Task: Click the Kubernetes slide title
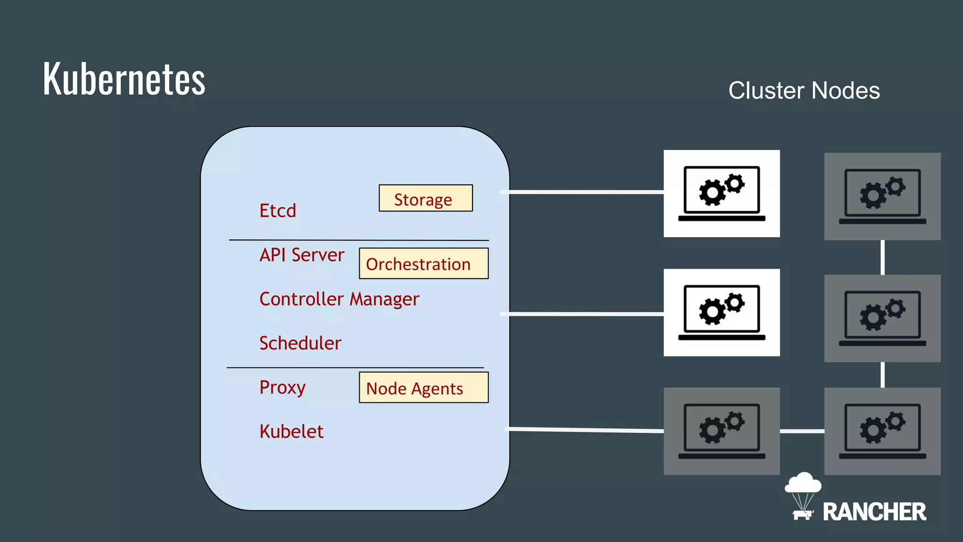tap(124, 79)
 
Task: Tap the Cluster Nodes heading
tap(804, 90)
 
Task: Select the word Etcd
tap(277, 211)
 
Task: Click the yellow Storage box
tap(426, 198)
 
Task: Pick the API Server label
tap(301, 255)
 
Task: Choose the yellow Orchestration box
tap(423, 263)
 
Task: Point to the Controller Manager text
tap(339, 299)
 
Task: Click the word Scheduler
tap(300, 343)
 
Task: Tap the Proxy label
tap(282, 388)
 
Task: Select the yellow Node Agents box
tap(423, 388)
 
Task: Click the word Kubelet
tap(291, 431)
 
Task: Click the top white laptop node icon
tap(721, 193)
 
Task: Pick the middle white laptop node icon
tap(721, 312)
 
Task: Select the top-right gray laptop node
tap(882, 196)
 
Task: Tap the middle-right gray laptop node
tap(882, 318)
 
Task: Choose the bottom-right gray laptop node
tap(882, 431)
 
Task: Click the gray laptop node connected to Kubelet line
tap(721, 431)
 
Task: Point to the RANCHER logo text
tap(874, 512)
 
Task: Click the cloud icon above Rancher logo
tap(803, 483)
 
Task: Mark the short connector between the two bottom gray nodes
tap(802, 431)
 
